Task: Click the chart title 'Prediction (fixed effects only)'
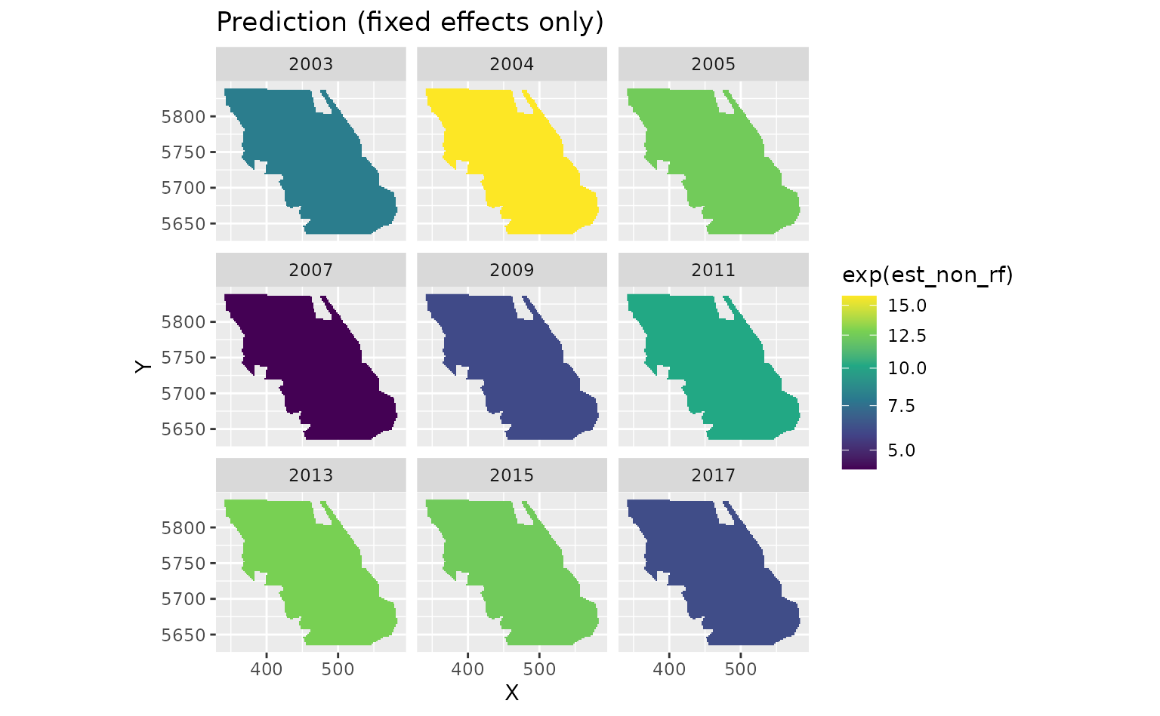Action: [410, 23]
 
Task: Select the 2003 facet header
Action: [310, 64]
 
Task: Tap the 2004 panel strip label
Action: [511, 64]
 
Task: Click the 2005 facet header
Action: [713, 64]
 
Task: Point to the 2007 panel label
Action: [310, 269]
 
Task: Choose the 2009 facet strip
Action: [511, 269]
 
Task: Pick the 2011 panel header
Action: [713, 269]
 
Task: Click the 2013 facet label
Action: [310, 475]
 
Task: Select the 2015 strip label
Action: [511, 475]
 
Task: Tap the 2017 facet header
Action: [713, 475]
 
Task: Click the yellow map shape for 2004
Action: [514, 166]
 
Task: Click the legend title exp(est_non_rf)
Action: [927, 275]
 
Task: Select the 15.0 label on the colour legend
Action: [907, 306]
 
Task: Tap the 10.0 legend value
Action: [907, 368]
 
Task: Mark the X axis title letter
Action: [512, 693]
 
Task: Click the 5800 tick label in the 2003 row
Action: [184, 116]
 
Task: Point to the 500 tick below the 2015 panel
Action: [539, 669]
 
